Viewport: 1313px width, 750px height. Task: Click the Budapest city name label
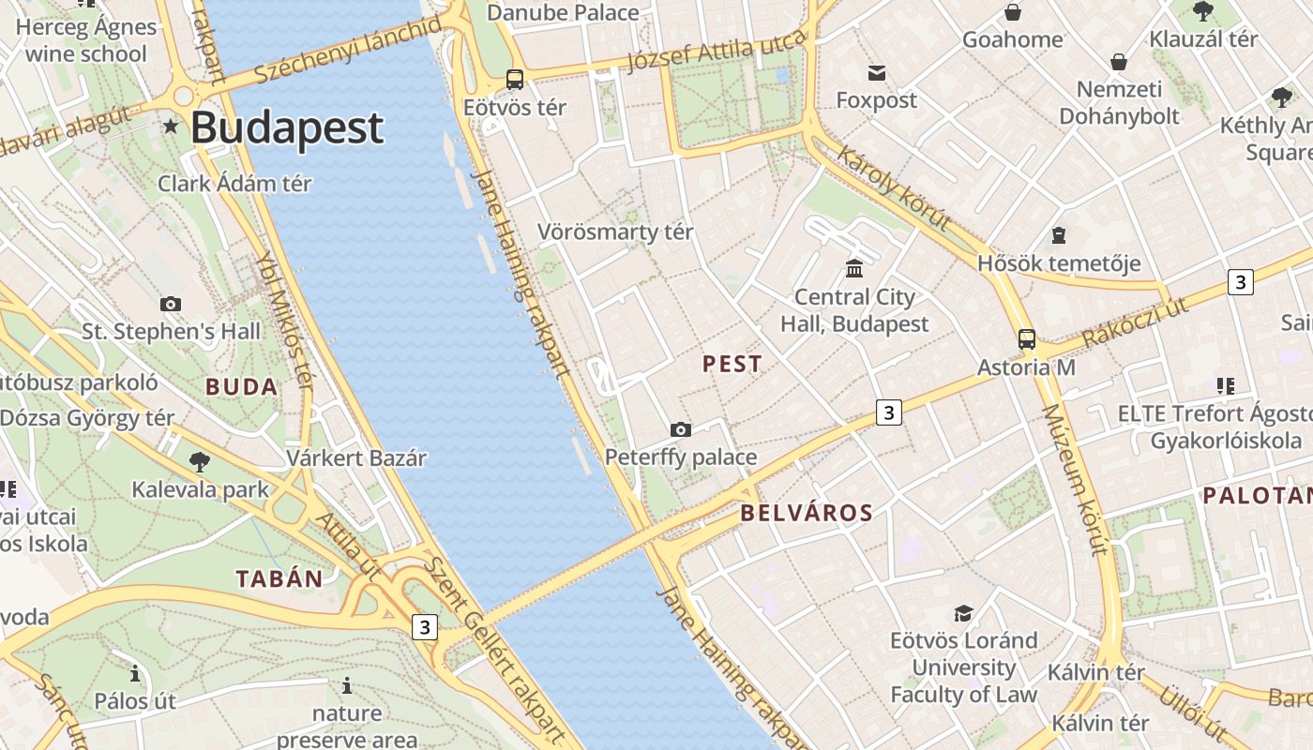[287, 127]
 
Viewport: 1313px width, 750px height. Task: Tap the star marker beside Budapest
[171, 126]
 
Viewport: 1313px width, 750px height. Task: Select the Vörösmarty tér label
[615, 232]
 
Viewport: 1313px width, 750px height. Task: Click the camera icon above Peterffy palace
[681, 429]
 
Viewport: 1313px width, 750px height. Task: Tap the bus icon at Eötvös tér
[515, 80]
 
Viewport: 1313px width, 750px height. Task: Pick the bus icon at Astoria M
[1027, 339]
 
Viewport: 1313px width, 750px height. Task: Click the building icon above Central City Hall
[854, 269]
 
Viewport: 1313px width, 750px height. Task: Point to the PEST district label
[732, 365]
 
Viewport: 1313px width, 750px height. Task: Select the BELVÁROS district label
[807, 513]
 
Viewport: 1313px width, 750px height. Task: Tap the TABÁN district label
[279, 578]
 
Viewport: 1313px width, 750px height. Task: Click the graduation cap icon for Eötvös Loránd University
[963, 613]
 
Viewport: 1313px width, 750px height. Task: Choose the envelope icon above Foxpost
[877, 73]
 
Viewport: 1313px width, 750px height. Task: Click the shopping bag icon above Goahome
[1013, 12]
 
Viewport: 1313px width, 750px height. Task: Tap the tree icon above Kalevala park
[199, 461]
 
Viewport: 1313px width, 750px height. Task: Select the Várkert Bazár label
[356, 458]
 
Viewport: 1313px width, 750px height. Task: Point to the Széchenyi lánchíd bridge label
[347, 50]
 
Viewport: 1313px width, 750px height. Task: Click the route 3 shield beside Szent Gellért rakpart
[425, 627]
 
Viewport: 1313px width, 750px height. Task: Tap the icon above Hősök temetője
[1059, 235]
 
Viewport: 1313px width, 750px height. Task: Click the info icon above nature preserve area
[347, 686]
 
